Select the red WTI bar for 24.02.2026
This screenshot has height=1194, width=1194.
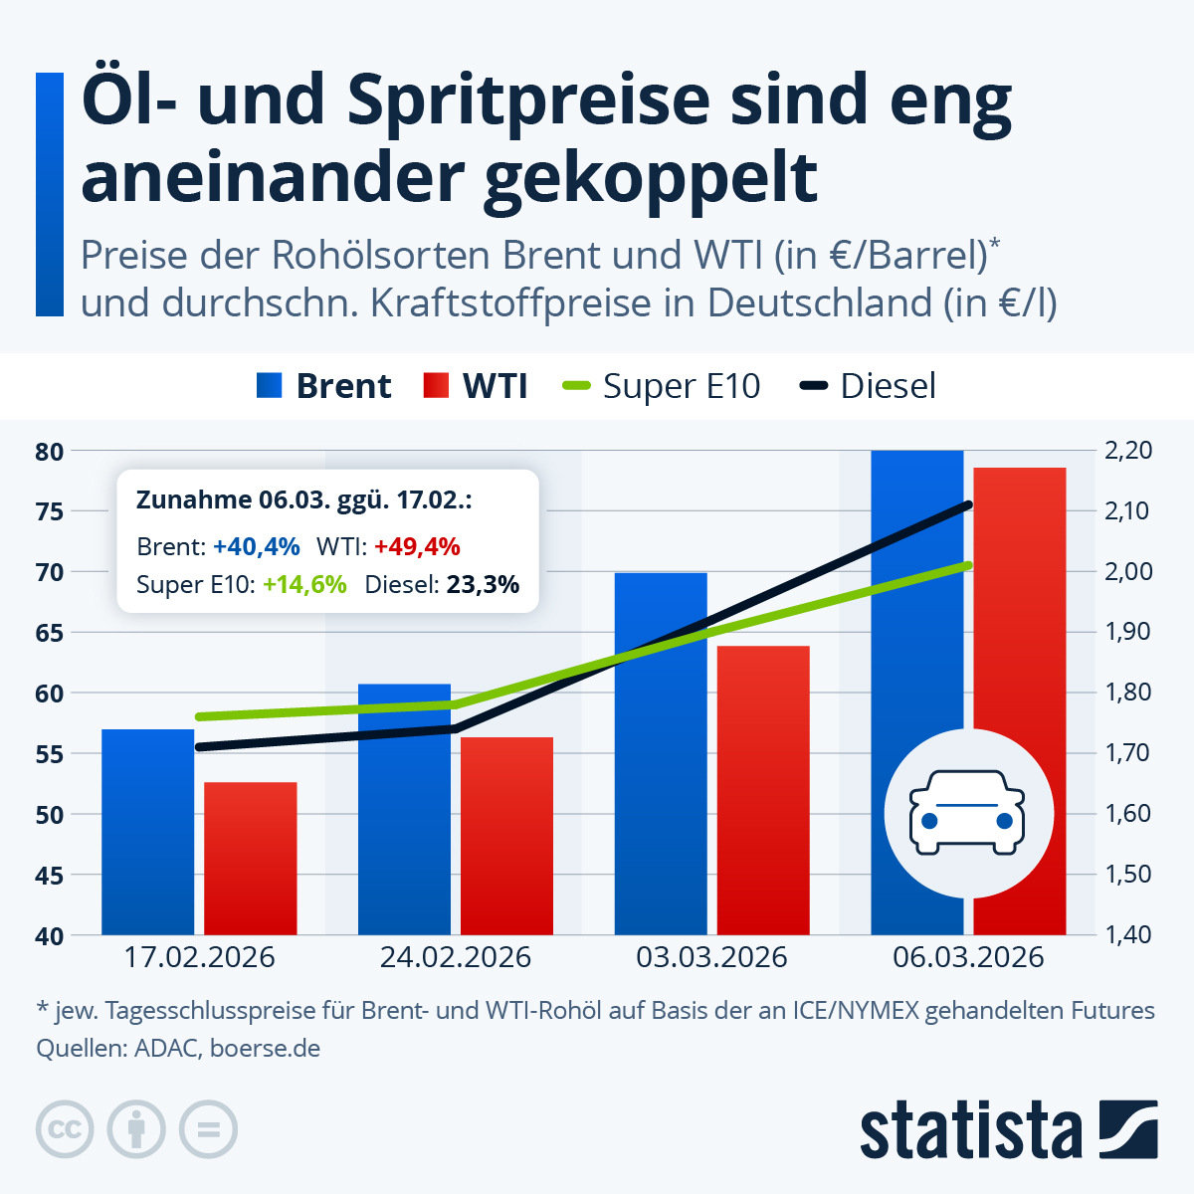(506, 836)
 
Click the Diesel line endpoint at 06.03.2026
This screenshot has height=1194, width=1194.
(967, 505)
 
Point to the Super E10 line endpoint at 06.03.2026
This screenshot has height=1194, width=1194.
(967, 565)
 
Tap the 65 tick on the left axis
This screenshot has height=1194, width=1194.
(50, 633)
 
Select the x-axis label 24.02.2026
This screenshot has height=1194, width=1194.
(456, 958)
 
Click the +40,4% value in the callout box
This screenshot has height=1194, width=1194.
(256, 546)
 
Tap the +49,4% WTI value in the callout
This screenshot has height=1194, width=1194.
(417, 546)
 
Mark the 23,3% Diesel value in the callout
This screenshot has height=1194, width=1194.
(483, 585)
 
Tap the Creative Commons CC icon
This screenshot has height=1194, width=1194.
(65, 1129)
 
